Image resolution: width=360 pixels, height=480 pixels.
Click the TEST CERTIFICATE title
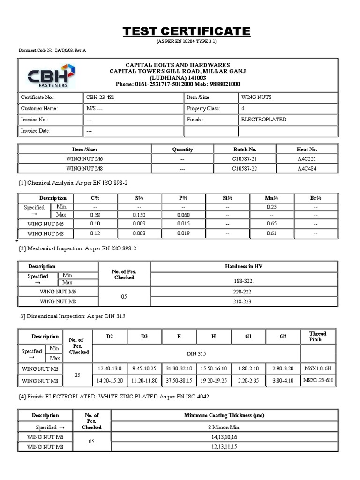pos(187,32)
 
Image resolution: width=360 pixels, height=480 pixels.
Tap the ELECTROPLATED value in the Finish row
pos(263,120)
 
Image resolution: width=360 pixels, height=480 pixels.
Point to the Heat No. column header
pos(307,149)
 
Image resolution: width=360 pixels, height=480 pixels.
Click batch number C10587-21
pos(244,159)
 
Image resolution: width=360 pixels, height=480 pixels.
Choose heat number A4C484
pos(307,168)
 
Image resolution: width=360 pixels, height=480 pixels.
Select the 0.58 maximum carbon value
pos(95,215)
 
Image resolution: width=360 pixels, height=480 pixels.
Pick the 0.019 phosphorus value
pos(183,233)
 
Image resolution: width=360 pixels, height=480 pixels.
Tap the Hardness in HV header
pos(243,266)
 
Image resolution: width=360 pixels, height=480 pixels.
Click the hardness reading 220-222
pos(243,292)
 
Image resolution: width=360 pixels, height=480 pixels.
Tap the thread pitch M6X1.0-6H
pos(318,369)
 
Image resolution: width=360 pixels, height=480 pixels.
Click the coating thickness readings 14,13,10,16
pos(224,437)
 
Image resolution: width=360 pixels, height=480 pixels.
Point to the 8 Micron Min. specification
pos(224,427)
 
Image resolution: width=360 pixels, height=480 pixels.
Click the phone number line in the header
pos(178,84)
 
